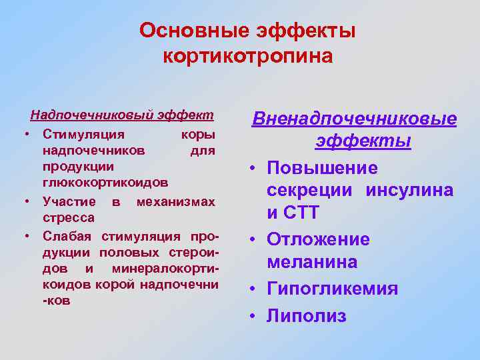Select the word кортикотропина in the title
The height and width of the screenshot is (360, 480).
click(x=247, y=56)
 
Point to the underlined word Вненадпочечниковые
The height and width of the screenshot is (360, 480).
click(x=354, y=120)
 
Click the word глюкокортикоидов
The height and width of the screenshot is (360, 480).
click(x=105, y=182)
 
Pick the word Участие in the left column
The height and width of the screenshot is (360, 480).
click(x=69, y=201)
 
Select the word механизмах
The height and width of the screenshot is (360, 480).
click(x=175, y=201)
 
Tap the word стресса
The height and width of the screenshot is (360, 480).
click(x=69, y=217)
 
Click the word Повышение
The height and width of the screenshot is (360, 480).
click(x=323, y=169)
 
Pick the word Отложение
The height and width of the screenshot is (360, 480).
click(x=319, y=239)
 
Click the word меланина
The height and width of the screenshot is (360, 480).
click(x=312, y=263)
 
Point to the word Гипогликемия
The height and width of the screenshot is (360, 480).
click(x=333, y=289)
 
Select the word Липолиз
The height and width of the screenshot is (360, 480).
click(x=307, y=315)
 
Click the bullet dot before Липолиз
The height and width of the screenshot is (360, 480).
click(x=254, y=315)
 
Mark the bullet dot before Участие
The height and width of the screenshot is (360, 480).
click(x=25, y=201)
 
